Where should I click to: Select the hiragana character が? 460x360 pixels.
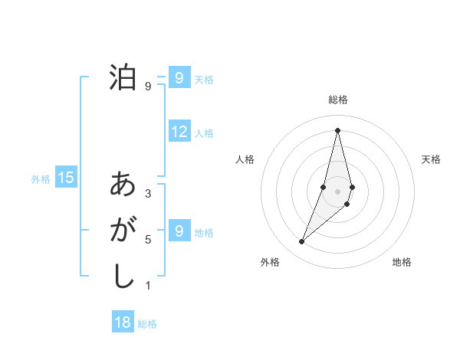pyautogui.click(x=123, y=230)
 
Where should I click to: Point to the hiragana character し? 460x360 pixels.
pyautogui.click(x=123, y=274)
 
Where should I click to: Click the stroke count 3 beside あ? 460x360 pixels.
pyautogui.click(x=148, y=194)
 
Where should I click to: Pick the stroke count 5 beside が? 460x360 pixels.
pyautogui.click(x=148, y=240)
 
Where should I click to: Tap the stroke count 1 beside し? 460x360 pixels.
pyautogui.click(x=148, y=286)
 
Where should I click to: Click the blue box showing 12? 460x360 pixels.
pyautogui.click(x=179, y=132)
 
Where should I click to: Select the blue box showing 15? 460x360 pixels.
pyautogui.click(x=66, y=178)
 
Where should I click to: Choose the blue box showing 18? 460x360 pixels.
pyautogui.click(x=123, y=322)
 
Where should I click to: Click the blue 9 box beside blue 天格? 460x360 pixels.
pyautogui.click(x=179, y=77)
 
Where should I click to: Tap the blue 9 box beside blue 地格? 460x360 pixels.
pyautogui.click(x=179, y=231)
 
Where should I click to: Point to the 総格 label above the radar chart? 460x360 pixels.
pyautogui.click(x=338, y=100)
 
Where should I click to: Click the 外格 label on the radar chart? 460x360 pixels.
pyautogui.click(x=270, y=262)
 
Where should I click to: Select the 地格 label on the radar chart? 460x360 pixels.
pyautogui.click(x=402, y=262)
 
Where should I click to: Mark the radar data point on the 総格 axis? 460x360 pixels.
pyautogui.click(x=338, y=129)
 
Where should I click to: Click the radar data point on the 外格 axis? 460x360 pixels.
pyautogui.click(x=302, y=242)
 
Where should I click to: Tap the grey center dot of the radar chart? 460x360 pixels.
pyautogui.click(x=338, y=191)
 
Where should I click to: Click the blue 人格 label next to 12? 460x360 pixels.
pyautogui.click(x=204, y=133)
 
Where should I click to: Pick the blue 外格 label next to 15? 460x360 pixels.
pyautogui.click(x=41, y=179)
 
